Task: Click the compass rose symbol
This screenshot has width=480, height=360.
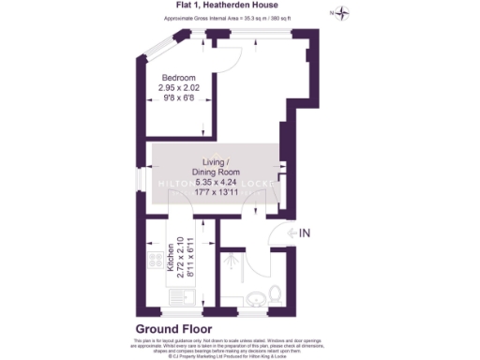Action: point(343,13)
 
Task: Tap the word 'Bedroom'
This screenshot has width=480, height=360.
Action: point(178,78)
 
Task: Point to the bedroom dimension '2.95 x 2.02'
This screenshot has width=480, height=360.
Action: point(178,87)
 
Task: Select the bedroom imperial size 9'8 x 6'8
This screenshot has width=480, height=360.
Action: point(178,97)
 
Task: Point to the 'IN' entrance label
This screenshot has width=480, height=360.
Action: point(305,232)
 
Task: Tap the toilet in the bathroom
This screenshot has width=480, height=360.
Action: point(273,297)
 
